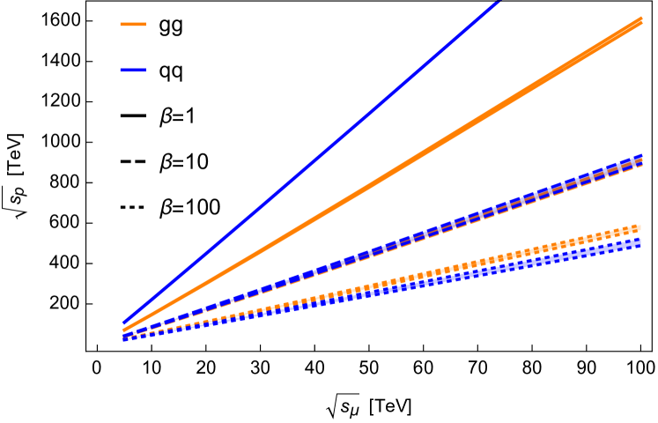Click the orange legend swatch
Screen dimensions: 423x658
133,24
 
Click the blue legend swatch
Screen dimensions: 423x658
133,70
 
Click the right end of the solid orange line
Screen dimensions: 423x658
641,21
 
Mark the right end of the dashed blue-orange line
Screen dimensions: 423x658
641,160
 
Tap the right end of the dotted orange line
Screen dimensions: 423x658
640,227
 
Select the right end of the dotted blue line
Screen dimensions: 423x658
640,241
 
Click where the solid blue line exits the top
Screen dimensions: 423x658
499,2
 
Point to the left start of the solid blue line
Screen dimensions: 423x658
123,323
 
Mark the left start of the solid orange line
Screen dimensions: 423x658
123,330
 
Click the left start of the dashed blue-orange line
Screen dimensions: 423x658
123,335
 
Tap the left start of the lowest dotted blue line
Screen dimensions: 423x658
123,338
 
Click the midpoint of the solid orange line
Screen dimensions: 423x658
382,176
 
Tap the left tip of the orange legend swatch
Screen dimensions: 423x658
121,24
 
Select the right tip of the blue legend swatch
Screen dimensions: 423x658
145,70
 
